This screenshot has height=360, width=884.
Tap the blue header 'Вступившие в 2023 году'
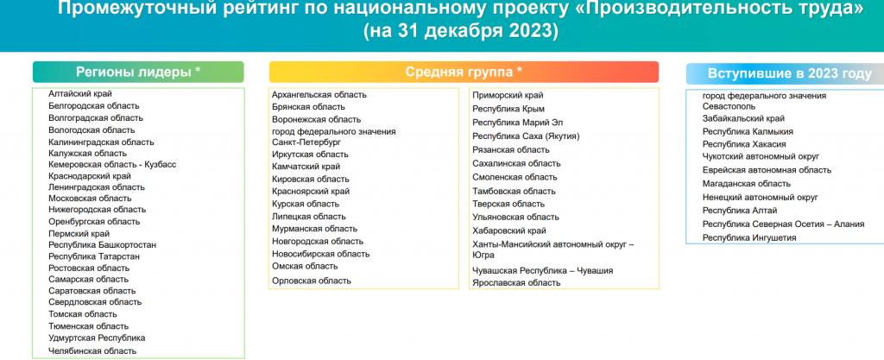789,73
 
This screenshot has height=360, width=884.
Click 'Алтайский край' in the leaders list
80,94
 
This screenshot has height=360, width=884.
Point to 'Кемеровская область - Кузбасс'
112,165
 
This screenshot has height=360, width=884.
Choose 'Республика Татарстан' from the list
94,256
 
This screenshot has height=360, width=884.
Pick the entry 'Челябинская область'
92,351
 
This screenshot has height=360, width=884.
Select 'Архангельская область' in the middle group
319,95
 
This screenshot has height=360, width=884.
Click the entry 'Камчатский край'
306,167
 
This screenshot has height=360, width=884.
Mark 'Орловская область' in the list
311,281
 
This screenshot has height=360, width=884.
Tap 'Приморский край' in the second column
508,95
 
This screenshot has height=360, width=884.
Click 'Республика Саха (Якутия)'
526,136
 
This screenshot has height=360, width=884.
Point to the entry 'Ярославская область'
516,283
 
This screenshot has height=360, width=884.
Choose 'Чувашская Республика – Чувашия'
542,270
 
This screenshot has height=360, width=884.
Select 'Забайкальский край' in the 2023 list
743,119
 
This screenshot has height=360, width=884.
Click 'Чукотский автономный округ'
761,156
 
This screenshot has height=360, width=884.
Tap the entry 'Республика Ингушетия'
749,237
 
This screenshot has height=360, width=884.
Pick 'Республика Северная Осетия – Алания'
783,224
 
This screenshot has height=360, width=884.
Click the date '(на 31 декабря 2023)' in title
461,30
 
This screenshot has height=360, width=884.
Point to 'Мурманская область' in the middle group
314,229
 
